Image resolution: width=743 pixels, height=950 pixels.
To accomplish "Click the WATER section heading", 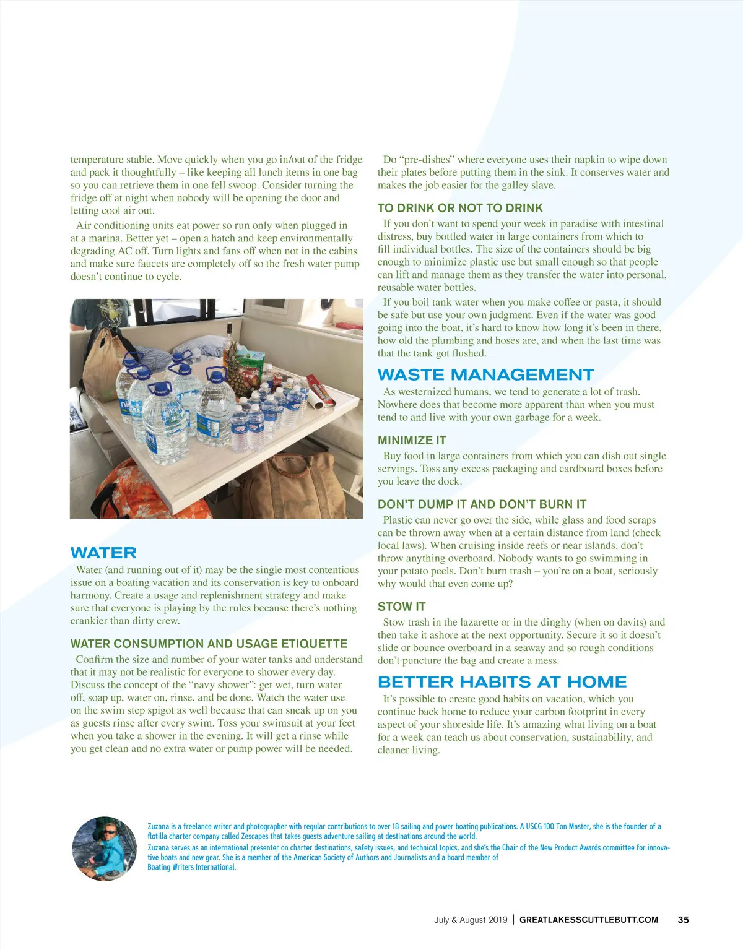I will tap(103, 553).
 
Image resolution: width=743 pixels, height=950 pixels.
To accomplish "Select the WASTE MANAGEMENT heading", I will tap(485, 374).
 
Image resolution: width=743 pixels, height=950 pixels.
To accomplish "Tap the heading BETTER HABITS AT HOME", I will tap(502, 681).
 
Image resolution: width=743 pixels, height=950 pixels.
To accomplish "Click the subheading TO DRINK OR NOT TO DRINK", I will tap(460, 208).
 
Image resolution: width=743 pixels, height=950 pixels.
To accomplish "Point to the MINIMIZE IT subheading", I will tap(412, 440).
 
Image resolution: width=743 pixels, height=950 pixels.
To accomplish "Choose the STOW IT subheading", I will tap(401, 607).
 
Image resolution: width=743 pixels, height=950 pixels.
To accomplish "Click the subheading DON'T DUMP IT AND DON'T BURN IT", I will tap(482, 504).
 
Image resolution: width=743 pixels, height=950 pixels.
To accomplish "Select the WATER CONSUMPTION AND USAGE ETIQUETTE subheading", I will tap(209, 643).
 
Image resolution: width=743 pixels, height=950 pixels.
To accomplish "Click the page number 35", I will tap(683, 920).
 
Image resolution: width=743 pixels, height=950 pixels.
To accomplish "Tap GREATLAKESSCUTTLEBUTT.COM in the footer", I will tap(588, 920).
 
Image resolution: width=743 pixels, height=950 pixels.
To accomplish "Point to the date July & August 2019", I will tap(471, 920).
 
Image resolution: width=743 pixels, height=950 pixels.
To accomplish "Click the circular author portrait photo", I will tap(105, 848).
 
